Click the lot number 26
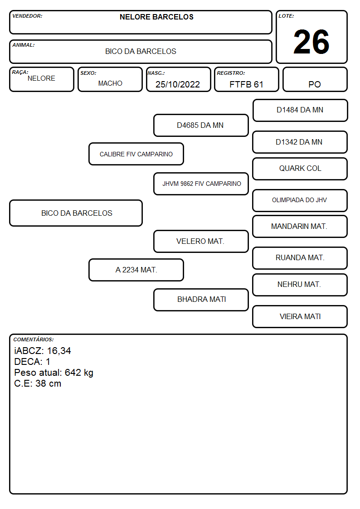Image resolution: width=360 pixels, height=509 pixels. point(311,42)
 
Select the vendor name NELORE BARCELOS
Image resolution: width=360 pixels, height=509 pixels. point(156,17)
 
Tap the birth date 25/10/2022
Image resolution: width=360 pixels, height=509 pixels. point(178,84)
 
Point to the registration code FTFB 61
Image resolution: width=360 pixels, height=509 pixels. point(246,84)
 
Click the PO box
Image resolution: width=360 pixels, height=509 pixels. point(315,79)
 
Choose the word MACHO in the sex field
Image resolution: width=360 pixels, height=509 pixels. point(110,83)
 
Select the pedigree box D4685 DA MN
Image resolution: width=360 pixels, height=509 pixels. point(201,125)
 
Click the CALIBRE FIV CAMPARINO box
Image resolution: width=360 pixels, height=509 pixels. point(136,154)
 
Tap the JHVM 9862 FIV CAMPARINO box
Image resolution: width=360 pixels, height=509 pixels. point(201,184)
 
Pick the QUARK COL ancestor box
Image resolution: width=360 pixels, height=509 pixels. point(300,169)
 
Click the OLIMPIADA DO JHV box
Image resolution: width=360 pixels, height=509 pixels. point(300,200)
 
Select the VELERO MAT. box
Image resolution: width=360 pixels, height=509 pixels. point(201,241)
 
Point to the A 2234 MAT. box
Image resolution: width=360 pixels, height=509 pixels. point(136,270)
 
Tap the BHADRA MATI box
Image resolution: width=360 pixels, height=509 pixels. point(201,300)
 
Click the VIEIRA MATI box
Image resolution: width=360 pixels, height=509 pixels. point(300,316)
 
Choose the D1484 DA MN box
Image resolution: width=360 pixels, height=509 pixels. point(300,111)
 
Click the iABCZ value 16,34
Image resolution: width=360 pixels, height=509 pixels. point(59,351)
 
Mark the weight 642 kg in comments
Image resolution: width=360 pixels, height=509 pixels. point(79,373)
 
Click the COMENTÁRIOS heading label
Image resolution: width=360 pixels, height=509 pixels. point(34,339)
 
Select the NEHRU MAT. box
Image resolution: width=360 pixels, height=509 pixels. point(300,285)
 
